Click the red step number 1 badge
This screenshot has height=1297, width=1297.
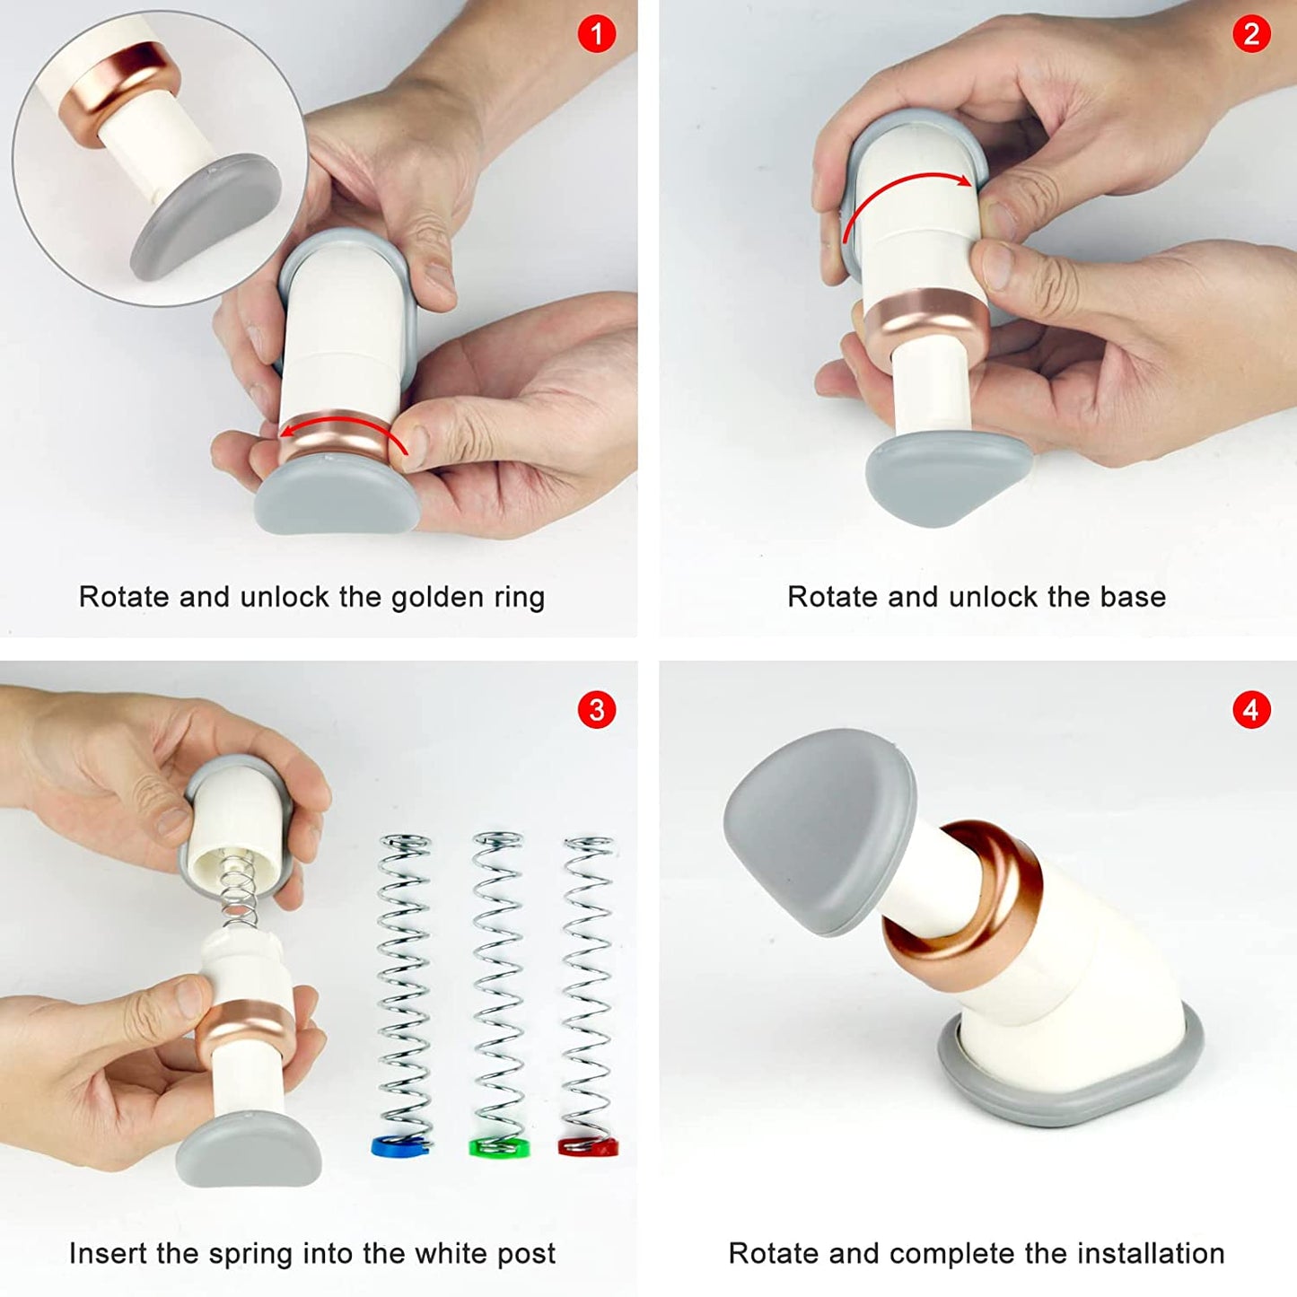tap(596, 35)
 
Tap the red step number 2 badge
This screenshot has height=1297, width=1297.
tap(1251, 35)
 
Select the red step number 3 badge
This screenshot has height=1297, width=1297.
tap(596, 710)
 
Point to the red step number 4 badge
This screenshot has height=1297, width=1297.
tap(1251, 710)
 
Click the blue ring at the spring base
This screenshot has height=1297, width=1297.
tap(400, 1146)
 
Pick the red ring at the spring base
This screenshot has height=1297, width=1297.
tap(588, 1146)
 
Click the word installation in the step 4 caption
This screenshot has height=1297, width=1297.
tap(1151, 1253)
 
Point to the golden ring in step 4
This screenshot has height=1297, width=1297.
tap(965, 907)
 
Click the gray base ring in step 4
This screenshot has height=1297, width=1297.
tap(1068, 1091)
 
